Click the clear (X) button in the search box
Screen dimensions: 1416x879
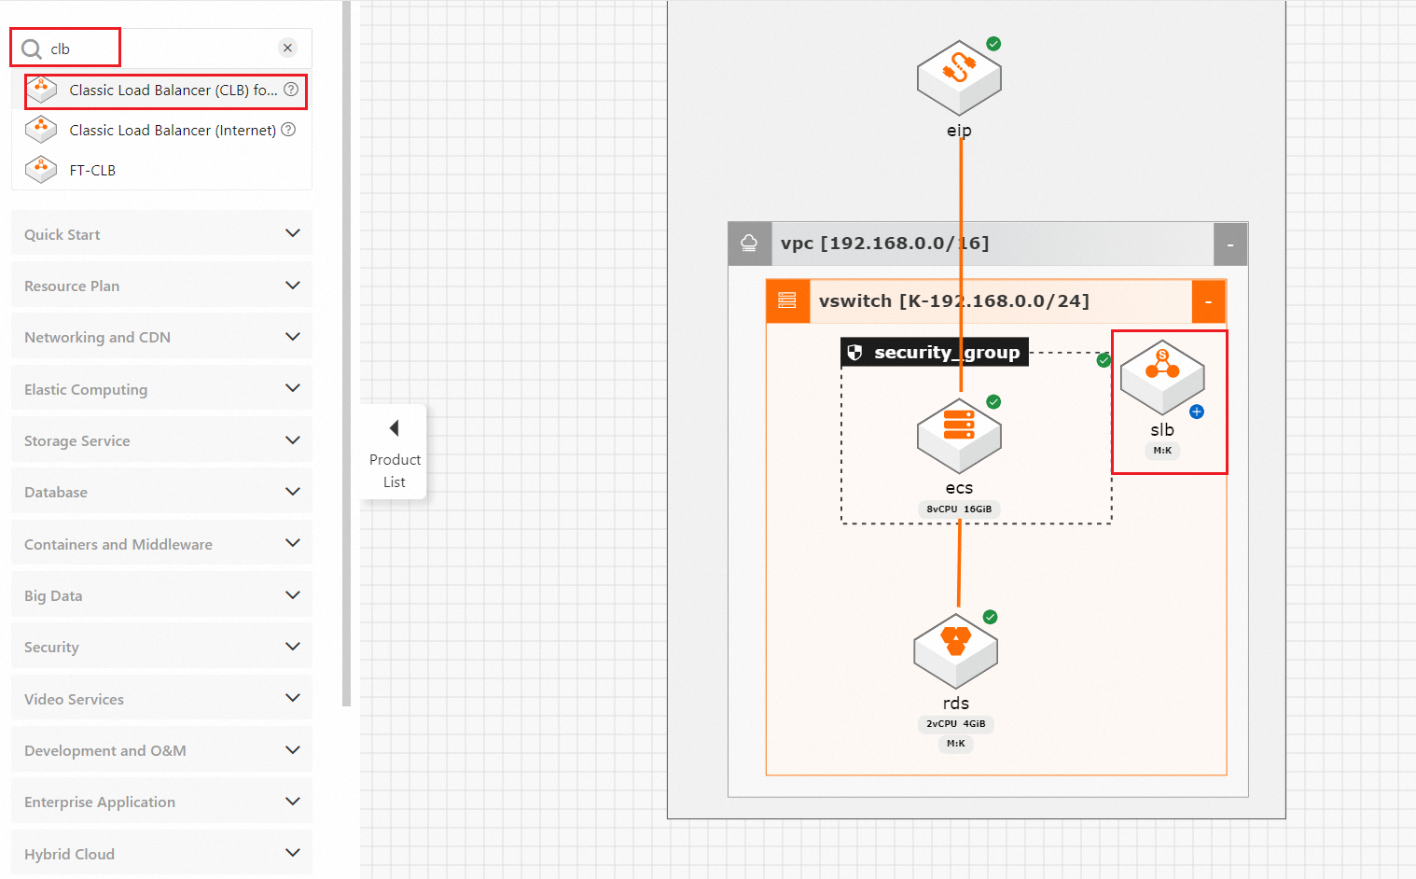(287, 49)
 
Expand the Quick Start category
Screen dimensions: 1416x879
(161, 233)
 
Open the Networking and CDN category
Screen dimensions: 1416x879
(161, 337)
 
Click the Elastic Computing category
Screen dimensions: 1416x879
(161, 388)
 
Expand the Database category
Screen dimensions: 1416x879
(161, 492)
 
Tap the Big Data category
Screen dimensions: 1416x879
(161, 594)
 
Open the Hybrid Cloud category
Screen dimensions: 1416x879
(161, 853)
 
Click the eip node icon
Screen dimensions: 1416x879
(959, 77)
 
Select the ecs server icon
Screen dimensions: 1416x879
(959, 436)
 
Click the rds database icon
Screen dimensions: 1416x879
(956, 650)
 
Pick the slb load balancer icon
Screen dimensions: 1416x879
(1162, 377)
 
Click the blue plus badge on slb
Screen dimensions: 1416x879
(1197, 412)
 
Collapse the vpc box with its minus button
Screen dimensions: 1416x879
(1230, 244)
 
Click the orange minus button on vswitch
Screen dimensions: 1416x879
(1209, 301)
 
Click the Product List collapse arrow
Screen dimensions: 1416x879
(395, 428)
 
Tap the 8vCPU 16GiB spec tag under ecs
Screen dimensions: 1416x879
(959, 509)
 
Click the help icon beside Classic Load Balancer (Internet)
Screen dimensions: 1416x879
(288, 130)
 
